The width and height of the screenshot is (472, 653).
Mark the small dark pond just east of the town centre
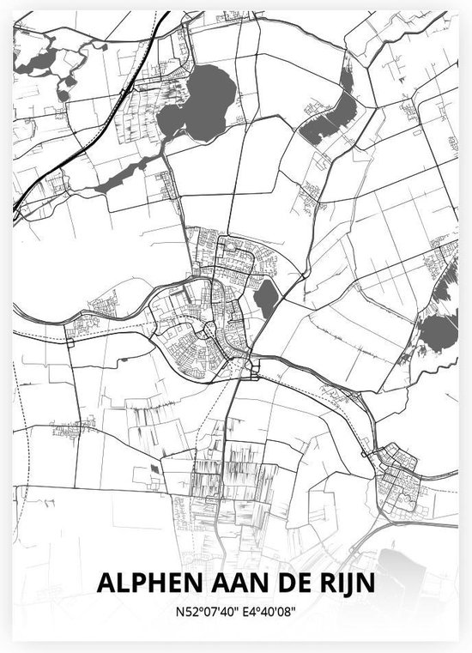coord(267,298)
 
